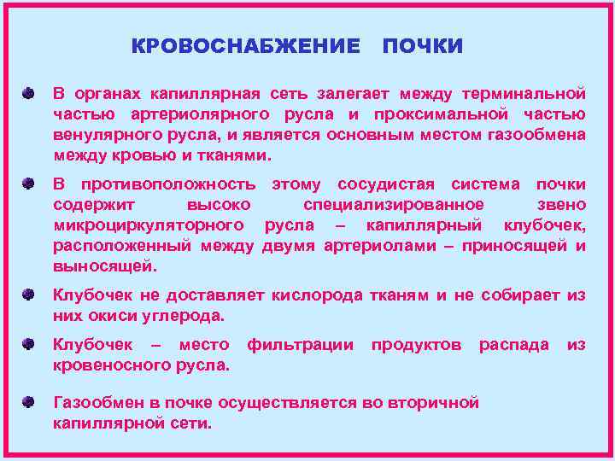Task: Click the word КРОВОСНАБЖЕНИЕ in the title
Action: [x=246, y=46]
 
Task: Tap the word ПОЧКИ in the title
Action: [x=423, y=46]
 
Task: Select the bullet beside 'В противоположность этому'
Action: [x=30, y=184]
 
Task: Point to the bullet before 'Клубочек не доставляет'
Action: [x=30, y=295]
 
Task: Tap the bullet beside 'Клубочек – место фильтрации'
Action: [x=30, y=344]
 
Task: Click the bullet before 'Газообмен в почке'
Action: [x=30, y=402]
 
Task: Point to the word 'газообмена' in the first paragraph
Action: [x=538, y=135]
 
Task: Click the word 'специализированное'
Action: [x=394, y=205]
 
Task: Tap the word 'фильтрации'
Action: [x=300, y=344]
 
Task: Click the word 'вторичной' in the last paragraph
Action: [x=433, y=402]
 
